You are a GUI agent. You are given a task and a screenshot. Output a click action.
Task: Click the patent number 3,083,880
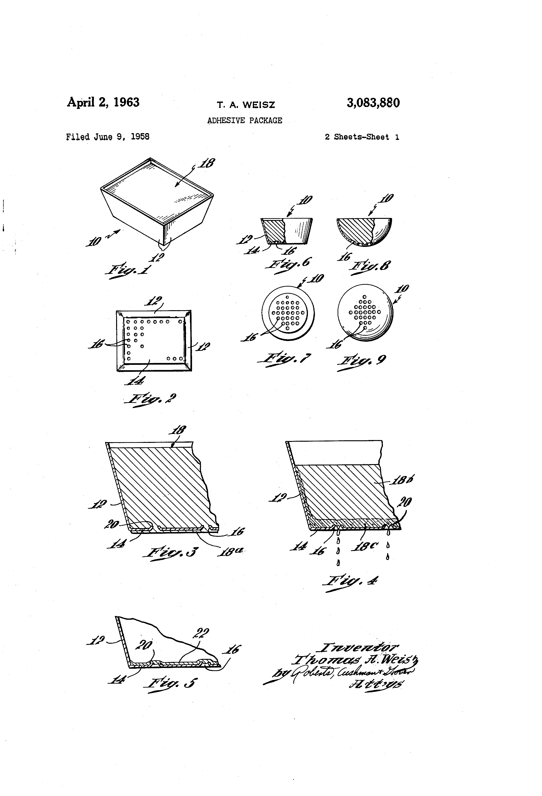pos(373,103)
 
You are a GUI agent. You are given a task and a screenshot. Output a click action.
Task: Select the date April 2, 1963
pos(103,102)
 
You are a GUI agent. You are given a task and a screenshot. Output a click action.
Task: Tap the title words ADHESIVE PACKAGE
pos(245,121)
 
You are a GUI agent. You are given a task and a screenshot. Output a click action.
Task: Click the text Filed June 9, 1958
pos(107,137)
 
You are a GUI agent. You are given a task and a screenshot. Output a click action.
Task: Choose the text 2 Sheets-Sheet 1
pos(362,137)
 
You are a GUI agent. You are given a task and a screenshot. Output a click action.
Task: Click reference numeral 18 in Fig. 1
pos(207,163)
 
